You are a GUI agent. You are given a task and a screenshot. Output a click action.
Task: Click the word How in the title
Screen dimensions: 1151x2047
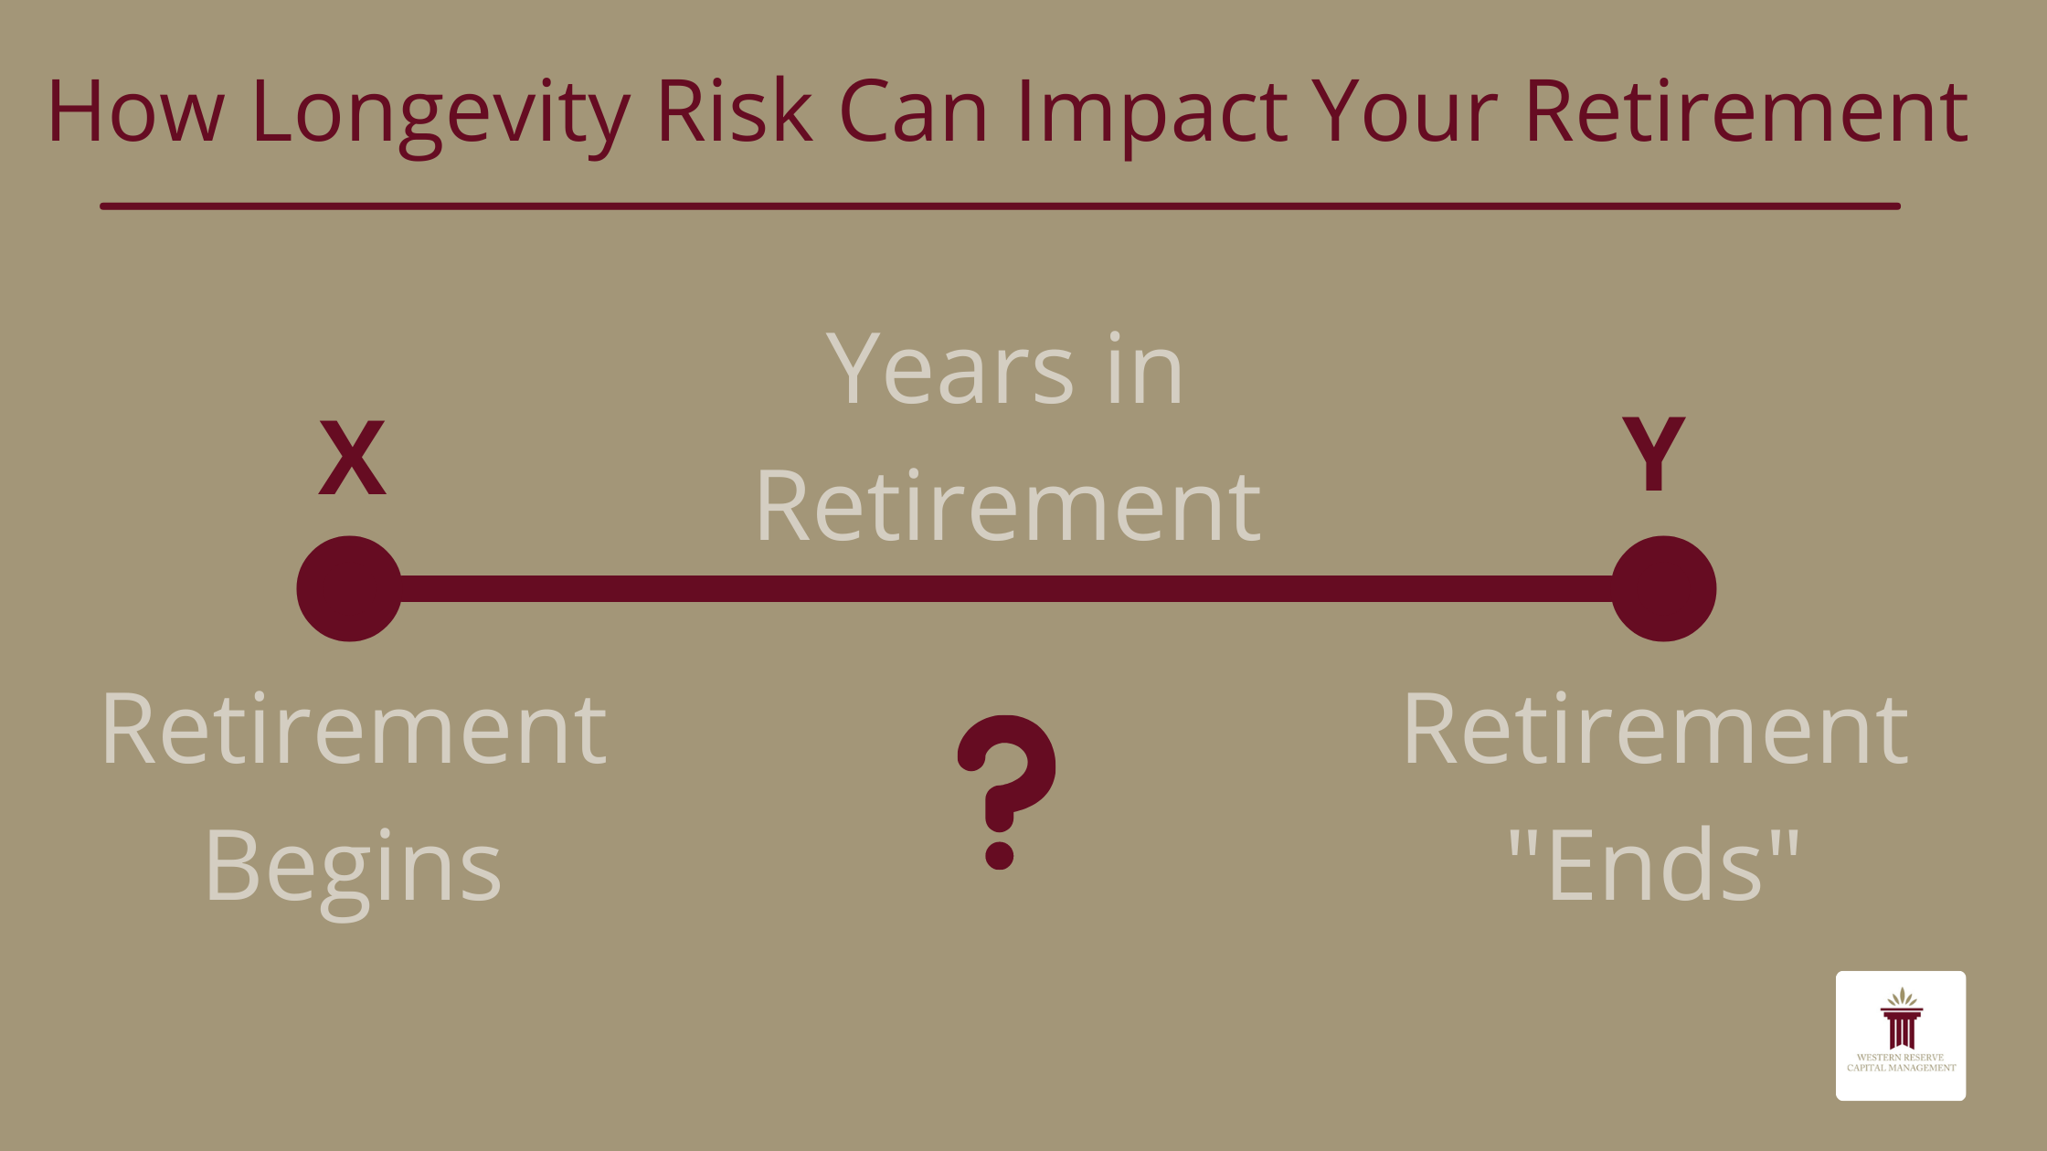[x=135, y=111]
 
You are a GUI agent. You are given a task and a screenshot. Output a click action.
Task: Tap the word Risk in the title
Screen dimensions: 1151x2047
[x=734, y=111]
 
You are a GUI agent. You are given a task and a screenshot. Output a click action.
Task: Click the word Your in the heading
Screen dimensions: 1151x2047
[x=1404, y=111]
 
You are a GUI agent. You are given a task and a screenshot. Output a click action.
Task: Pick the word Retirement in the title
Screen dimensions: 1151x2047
[x=1745, y=111]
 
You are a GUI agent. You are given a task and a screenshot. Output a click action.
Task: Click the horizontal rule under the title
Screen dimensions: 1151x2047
[x=1000, y=206]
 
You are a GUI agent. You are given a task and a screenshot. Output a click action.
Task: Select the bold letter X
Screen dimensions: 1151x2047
[x=352, y=459]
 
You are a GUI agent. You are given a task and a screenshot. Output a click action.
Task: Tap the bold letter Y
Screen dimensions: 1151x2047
[x=1653, y=453]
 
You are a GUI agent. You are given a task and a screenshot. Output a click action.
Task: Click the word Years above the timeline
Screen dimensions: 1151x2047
[x=950, y=369]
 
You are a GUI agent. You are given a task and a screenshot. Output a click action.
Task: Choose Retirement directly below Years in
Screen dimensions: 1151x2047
[x=1007, y=506]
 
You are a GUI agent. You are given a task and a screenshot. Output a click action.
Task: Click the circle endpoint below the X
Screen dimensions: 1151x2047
[x=349, y=588]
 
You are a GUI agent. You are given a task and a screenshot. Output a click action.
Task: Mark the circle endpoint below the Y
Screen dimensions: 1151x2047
[x=1663, y=588]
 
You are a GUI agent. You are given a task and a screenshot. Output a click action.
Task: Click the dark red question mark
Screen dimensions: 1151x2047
[x=1005, y=791]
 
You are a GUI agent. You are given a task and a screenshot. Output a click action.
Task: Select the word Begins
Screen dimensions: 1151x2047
[x=353, y=866]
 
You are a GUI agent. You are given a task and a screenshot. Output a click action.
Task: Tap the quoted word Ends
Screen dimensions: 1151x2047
[x=1654, y=864]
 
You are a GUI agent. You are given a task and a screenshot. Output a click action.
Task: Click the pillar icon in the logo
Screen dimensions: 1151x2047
[x=1902, y=1023]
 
